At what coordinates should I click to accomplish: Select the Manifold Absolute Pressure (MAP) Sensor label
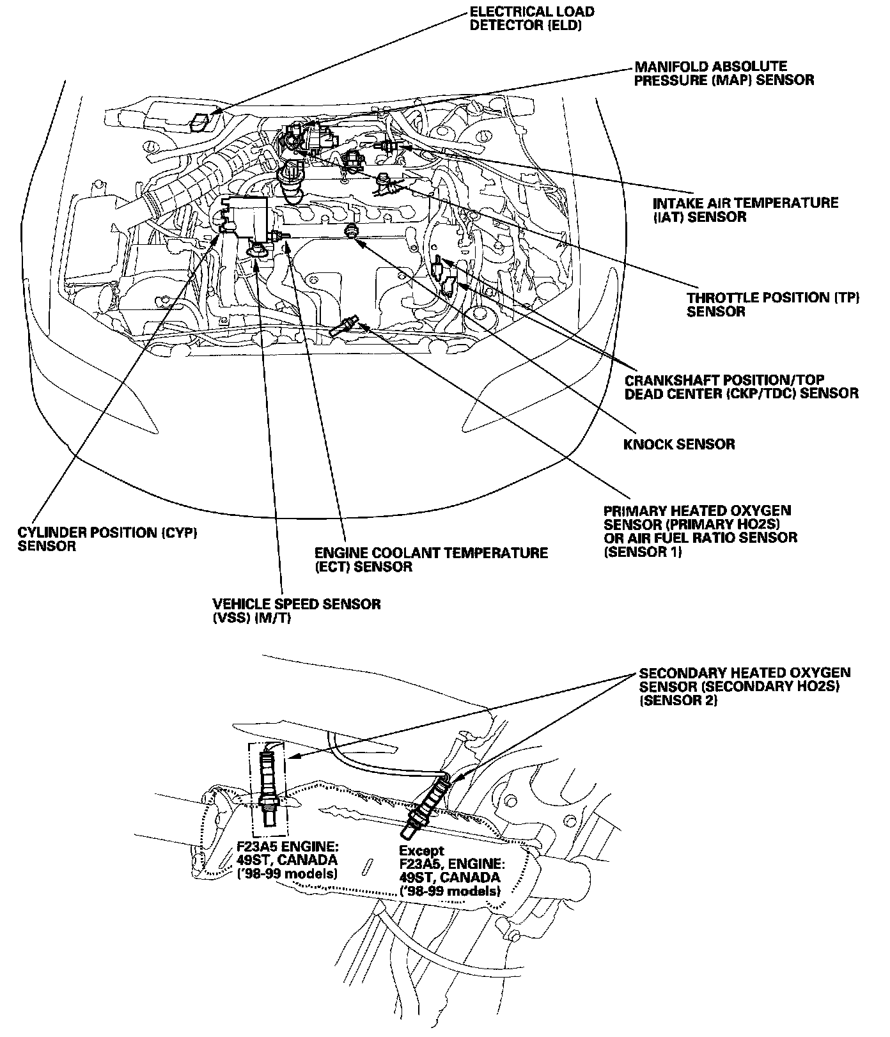pyautogui.click(x=724, y=74)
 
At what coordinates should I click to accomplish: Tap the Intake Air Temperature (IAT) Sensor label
pyautogui.click(x=745, y=210)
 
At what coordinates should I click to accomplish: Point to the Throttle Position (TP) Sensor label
pyautogui.click(x=773, y=304)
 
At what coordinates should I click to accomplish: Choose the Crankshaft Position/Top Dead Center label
pyautogui.click(x=742, y=386)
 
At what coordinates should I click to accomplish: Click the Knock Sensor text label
pyautogui.click(x=679, y=444)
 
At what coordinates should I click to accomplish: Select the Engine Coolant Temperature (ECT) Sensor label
pyautogui.click(x=431, y=559)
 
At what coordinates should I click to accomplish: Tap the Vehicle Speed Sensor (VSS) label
pyautogui.click(x=297, y=611)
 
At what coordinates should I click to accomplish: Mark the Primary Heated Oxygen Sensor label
pyautogui.click(x=700, y=531)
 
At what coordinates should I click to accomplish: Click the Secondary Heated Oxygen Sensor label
pyautogui.click(x=745, y=687)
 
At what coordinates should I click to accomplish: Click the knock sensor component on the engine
pyautogui.click(x=350, y=231)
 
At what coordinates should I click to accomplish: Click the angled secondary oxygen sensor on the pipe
pyautogui.click(x=426, y=803)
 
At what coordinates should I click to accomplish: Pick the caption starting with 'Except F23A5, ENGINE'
pyautogui.click(x=449, y=871)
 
